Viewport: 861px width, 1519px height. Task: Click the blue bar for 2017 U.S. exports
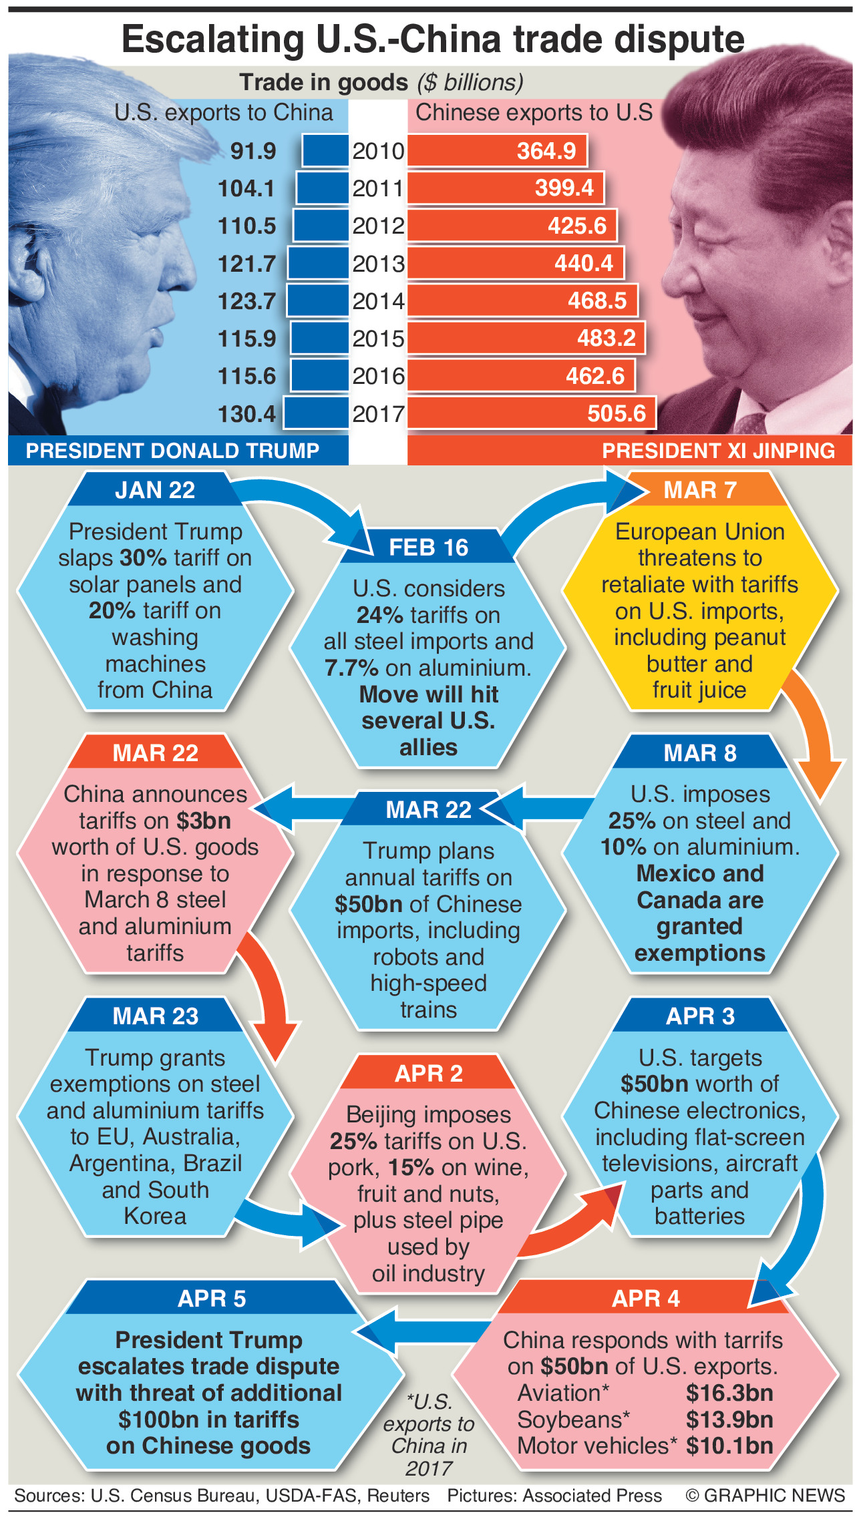click(x=316, y=413)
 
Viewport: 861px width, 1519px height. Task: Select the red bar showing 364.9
click(x=497, y=151)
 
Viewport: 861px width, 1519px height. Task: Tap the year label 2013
click(x=379, y=264)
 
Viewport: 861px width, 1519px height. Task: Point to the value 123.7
click(x=246, y=301)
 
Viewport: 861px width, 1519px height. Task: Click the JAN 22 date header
click(x=155, y=490)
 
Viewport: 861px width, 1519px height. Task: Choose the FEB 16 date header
click(x=428, y=548)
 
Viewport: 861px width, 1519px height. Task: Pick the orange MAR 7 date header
click(x=699, y=490)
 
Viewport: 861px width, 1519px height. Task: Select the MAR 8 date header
click(x=699, y=753)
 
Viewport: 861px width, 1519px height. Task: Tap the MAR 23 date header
click(x=155, y=1016)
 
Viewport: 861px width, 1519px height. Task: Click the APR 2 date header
click(x=428, y=1074)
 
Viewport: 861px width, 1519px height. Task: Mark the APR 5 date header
click(x=211, y=1299)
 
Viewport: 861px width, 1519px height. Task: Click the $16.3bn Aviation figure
click(x=729, y=1393)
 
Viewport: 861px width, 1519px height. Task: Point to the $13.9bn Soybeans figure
click(x=729, y=1420)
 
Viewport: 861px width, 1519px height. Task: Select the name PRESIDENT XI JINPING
click(x=718, y=451)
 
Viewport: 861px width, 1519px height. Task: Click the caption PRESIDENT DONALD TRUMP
click(x=172, y=451)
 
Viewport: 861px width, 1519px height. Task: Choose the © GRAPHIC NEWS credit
click(x=765, y=1496)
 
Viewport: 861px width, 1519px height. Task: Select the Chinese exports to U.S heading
click(x=534, y=112)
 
